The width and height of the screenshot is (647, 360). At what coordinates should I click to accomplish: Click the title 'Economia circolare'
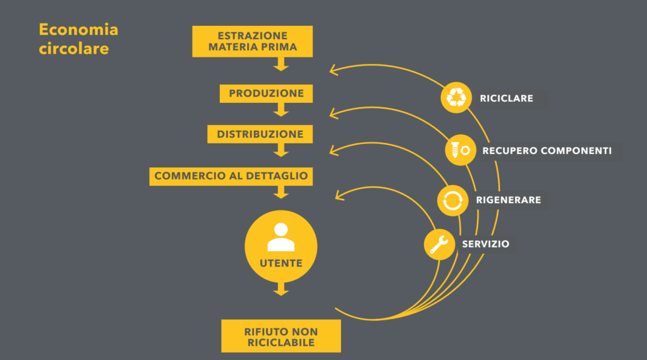pyautogui.click(x=78, y=39)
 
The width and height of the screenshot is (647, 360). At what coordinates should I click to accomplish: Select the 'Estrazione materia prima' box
pyautogui.click(x=252, y=42)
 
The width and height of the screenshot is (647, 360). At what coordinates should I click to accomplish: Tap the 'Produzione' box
pyautogui.click(x=266, y=93)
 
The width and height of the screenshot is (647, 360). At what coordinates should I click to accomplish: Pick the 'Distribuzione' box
pyautogui.click(x=260, y=134)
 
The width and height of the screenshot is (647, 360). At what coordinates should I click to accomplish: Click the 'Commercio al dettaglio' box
pyautogui.click(x=231, y=176)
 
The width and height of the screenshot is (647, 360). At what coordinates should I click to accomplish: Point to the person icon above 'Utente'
pyautogui.click(x=281, y=237)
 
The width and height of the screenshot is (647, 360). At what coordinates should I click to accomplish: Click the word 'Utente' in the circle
pyautogui.click(x=281, y=263)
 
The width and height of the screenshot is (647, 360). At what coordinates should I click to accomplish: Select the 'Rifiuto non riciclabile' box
pyautogui.click(x=281, y=337)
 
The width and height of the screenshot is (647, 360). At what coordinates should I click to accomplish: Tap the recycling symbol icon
pyautogui.click(x=456, y=97)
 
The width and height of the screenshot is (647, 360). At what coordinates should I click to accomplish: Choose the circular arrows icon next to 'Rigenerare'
pyautogui.click(x=452, y=200)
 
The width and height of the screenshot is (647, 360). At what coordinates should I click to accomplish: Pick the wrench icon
pyautogui.click(x=439, y=244)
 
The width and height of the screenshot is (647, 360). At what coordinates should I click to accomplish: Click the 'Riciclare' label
pyautogui.click(x=506, y=99)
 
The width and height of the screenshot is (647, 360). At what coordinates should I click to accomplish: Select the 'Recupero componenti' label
pyautogui.click(x=547, y=151)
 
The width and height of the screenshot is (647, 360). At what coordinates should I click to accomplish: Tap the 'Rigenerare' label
pyautogui.click(x=508, y=200)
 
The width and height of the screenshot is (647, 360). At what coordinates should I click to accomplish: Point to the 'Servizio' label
pyautogui.click(x=485, y=244)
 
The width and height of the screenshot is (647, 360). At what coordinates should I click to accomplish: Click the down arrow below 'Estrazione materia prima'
pyautogui.click(x=281, y=64)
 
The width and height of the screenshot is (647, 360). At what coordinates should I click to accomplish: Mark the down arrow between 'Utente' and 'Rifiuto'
pyautogui.click(x=281, y=290)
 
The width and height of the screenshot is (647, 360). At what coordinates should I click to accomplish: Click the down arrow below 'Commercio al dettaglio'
pyautogui.click(x=281, y=193)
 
